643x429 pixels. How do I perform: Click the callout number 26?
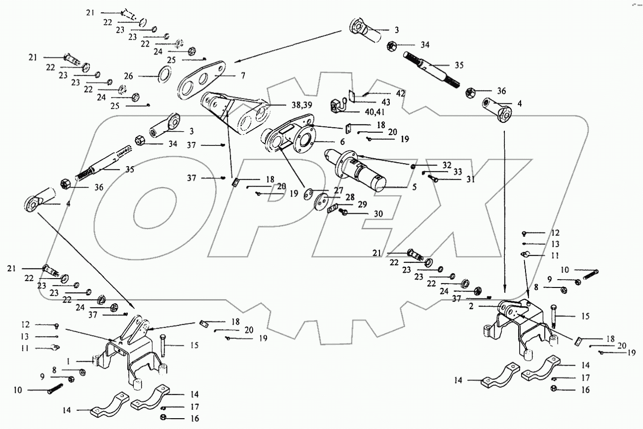pos(128,76)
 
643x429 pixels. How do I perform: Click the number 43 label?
pos(386,102)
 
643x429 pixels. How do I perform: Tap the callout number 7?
pos(242,76)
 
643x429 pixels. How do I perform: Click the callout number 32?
pos(446,165)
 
